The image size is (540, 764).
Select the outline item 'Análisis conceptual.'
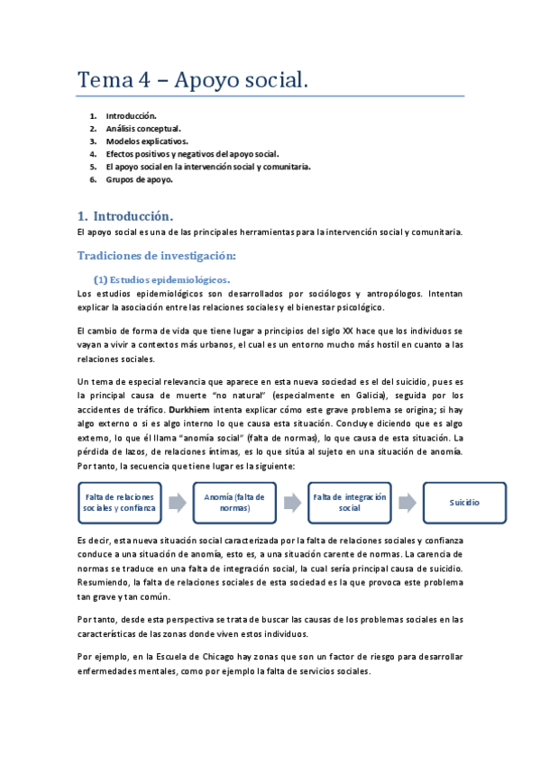[143, 129]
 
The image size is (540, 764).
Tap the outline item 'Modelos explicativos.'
[147, 141]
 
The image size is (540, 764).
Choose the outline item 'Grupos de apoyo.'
[139, 179]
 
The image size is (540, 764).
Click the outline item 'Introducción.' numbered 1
[132, 116]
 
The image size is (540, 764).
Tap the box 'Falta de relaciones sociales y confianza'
[119, 503]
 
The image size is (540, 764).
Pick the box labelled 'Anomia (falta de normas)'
[233, 503]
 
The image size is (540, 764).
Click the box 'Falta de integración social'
[349, 503]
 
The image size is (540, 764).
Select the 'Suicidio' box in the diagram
[464, 503]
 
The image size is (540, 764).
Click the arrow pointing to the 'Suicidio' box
[407, 503]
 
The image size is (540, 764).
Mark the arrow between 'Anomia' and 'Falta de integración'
[292, 503]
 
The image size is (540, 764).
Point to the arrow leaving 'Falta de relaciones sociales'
[177, 503]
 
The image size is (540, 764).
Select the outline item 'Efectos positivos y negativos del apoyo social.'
[192, 154]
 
